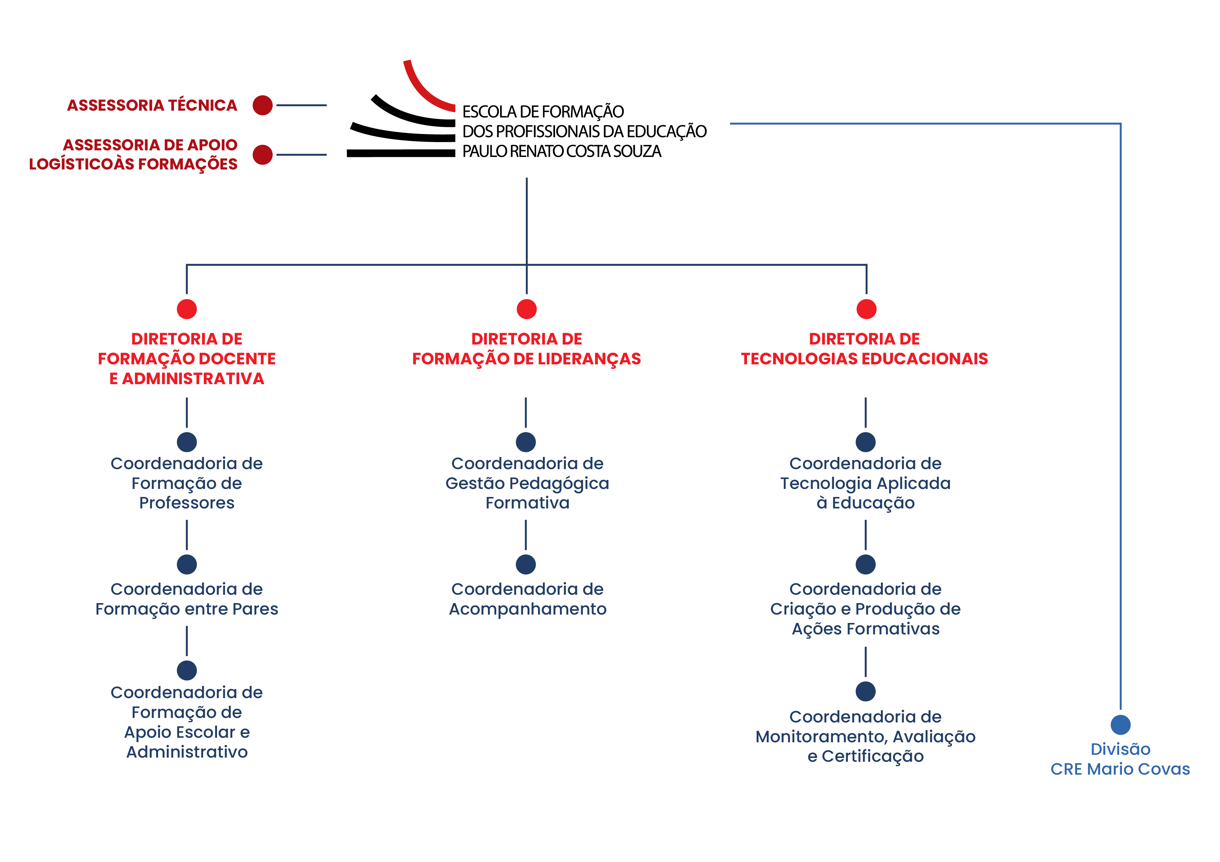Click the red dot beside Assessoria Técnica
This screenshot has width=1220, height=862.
pos(263,105)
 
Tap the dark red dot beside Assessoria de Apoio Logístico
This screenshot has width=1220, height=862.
pos(263,155)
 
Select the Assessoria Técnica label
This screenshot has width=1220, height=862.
pos(152,105)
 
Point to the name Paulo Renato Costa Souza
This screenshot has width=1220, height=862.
pos(562,151)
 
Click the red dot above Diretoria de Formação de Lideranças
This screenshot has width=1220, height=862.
pos(527,309)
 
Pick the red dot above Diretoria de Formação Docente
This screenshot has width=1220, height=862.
pos(186,309)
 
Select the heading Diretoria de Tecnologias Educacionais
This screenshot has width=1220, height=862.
pos(865,349)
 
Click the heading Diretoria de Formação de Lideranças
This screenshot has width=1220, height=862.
pos(527,349)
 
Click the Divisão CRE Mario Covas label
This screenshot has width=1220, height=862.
pos(1120,759)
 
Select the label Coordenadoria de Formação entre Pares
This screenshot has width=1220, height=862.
pos(186,599)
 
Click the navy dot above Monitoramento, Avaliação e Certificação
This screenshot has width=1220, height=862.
pos(866,691)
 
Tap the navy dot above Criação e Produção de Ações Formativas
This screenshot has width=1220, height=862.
pos(866,564)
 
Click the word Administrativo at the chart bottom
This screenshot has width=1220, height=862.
pos(186,752)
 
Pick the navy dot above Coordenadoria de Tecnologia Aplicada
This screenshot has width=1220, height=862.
pos(866,442)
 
